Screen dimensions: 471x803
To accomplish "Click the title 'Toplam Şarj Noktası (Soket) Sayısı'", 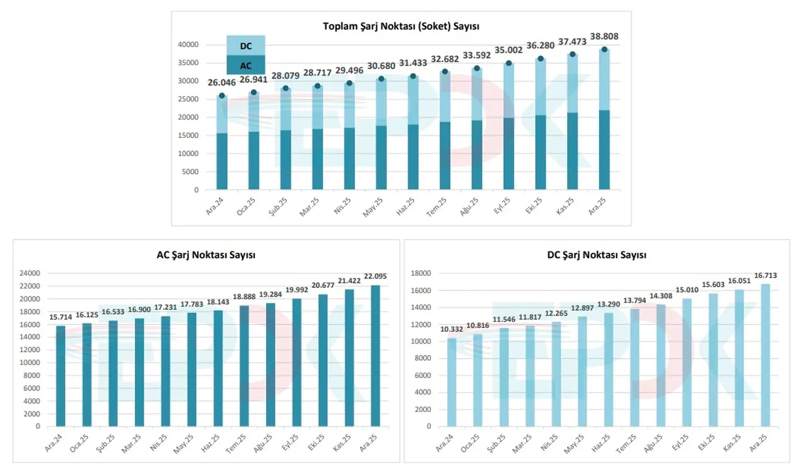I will (401, 26).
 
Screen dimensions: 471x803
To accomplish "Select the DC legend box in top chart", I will (245, 45).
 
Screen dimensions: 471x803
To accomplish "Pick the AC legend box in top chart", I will (245, 65).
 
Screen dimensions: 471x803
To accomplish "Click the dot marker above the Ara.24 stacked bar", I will (221, 96).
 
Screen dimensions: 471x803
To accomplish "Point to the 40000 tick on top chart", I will (188, 45).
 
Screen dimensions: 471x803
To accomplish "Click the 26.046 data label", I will (222, 82).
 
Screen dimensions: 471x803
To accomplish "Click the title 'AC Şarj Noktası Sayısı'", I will (206, 255).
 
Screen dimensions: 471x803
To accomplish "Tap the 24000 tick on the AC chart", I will (29, 273).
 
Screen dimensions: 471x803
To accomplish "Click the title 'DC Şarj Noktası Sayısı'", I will (597, 255).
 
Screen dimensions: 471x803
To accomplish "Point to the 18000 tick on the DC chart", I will (420, 273).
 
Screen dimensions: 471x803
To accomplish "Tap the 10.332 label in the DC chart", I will (452, 331).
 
